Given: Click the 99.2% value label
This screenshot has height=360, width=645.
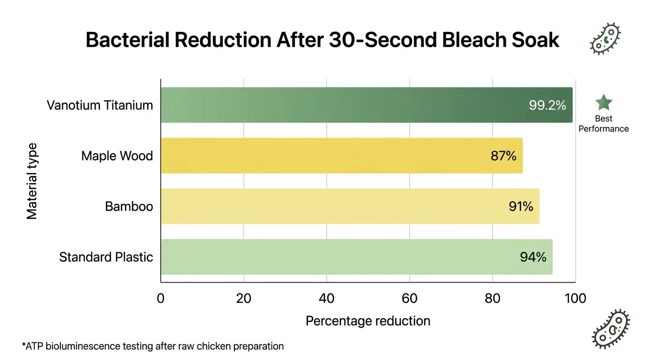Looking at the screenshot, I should pos(547,105).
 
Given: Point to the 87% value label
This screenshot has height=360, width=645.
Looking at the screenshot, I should pos(503,156).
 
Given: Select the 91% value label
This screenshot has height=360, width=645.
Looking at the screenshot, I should pos(521,207).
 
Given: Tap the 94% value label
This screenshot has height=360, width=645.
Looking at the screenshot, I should pos(533,257).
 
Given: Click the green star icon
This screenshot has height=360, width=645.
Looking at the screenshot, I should pos(603,103).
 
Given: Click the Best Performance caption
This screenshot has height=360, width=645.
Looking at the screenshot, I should pos(603,124).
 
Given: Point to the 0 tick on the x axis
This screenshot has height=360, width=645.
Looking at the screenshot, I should pos(161,298).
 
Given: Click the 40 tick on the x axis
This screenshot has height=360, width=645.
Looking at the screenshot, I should pos(327,298).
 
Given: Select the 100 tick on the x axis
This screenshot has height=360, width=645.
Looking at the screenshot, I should pos(575,298).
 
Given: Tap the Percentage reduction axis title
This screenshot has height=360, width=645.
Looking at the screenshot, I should pos(368,321).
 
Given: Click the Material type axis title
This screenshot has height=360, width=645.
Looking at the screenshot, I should pos(32,181).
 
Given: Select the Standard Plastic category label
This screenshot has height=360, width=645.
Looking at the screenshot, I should pos(106,257).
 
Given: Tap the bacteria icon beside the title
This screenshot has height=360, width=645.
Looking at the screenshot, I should pos(605,38).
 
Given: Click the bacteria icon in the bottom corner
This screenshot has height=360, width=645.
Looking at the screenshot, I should pos(611,329).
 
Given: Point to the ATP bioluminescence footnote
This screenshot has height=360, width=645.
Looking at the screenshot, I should pos(153,346).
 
